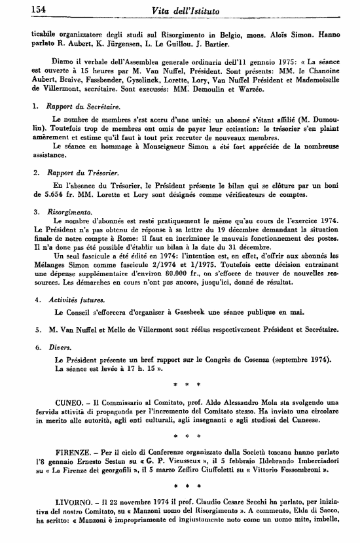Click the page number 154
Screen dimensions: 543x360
click(22, 9)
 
